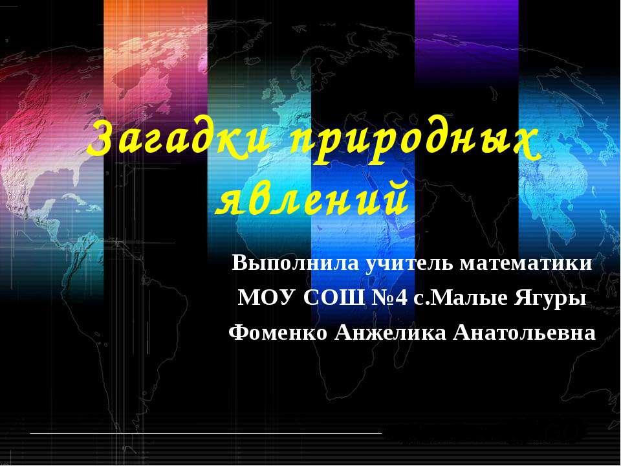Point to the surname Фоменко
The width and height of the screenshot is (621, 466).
(278, 333)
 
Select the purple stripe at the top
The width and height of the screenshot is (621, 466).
(466, 32)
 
